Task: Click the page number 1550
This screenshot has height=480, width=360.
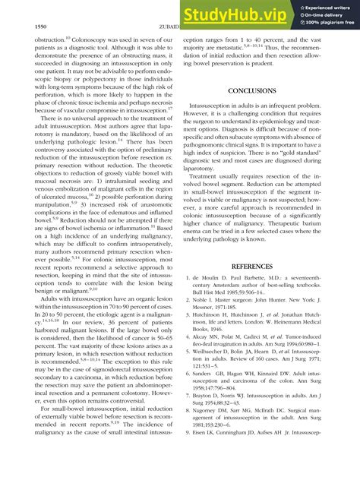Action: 23,27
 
